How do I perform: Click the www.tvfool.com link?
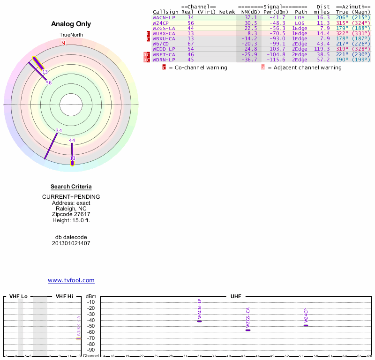(x=71, y=280)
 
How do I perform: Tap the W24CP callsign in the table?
(x=160, y=22)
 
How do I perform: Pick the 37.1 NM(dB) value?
(x=251, y=17)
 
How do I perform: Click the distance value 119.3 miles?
(x=322, y=49)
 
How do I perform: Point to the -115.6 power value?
(x=275, y=60)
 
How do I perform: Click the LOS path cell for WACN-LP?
(x=300, y=17)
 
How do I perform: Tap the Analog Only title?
(x=71, y=24)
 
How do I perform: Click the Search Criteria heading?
(x=71, y=187)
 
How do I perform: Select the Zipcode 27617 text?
(x=71, y=214)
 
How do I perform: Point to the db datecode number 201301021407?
(x=71, y=243)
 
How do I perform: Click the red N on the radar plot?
(x=63, y=43)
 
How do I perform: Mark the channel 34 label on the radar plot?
(x=59, y=130)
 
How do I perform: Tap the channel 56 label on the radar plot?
(x=49, y=82)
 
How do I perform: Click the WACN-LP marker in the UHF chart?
(x=199, y=321)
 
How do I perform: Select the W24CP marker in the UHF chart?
(x=306, y=325)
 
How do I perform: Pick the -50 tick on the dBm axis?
(x=91, y=326)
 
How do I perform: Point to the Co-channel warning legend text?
(x=197, y=67)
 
